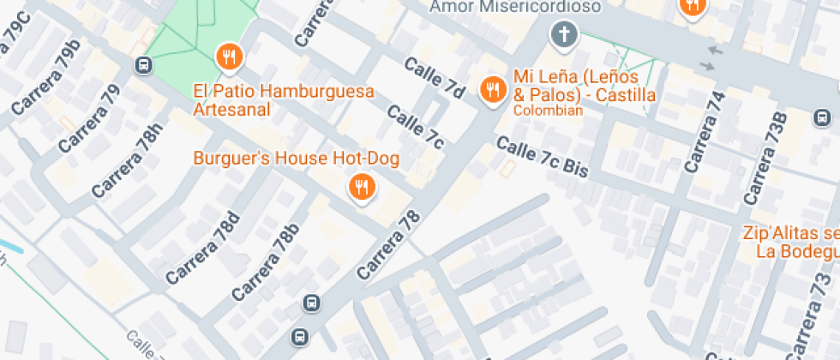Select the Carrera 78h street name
[x=128, y=161]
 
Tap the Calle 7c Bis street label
[x=543, y=158]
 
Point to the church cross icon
[x=564, y=35]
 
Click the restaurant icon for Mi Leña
[x=492, y=88]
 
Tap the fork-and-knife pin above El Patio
[x=229, y=57]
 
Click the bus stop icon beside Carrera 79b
[x=143, y=65]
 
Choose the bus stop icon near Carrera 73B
[x=821, y=117]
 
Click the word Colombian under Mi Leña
[x=548, y=110]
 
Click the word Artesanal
[x=231, y=110]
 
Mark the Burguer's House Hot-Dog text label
[x=297, y=159]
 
